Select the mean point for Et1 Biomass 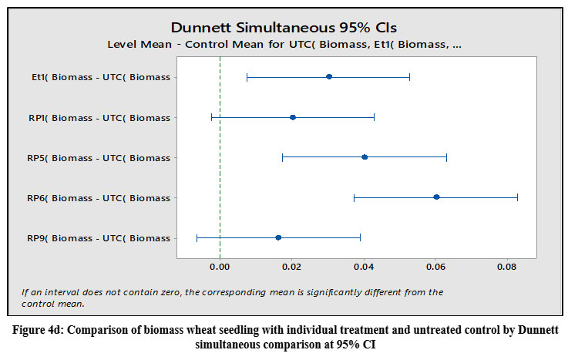click(329, 77)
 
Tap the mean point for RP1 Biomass click(293, 117)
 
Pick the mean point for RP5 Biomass click(365, 157)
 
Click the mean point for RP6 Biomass click(436, 197)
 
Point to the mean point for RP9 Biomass click(278, 237)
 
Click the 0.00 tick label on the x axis click(220, 267)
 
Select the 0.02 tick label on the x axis click(292, 267)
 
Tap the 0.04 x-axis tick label click(364, 267)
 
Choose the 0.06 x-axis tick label click(435, 267)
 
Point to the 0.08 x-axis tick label click(506, 267)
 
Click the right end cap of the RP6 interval click(517, 197)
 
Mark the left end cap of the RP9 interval click(197, 237)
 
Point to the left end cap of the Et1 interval click(247, 77)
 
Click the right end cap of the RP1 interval click(374, 117)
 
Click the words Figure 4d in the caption click(43, 329)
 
